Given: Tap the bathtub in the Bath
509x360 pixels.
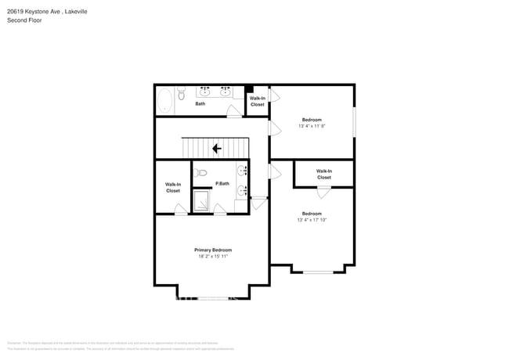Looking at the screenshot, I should click(x=165, y=99).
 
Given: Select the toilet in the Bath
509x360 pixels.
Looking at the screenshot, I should click(x=181, y=95).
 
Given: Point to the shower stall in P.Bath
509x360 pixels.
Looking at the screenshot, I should click(x=202, y=201).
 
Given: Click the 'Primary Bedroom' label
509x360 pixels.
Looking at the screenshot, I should click(x=213, y=250).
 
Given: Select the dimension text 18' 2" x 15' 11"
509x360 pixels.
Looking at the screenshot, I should click(x=213, y=257).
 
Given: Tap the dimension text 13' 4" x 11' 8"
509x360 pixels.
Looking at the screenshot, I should click(x=311, y=126).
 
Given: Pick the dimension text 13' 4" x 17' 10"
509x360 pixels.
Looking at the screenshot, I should click(x=312, y=220).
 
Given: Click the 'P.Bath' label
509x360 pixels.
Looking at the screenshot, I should click(x=222, y=183).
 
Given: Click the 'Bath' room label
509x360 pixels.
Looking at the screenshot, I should click(x=200, y=104).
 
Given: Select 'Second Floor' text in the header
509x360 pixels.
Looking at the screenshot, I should click(x=24, y=20).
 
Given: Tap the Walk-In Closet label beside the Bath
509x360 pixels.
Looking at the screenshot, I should click(x=257, y=101).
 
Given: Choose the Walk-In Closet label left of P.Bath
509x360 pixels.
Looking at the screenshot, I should click(x=172, y=187).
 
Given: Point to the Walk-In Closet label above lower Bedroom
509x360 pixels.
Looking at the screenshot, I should click(x=323, y=174).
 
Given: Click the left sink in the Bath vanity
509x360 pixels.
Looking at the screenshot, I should click(x=204, y=92).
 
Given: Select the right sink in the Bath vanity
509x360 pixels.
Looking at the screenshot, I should click(x=226, y=92).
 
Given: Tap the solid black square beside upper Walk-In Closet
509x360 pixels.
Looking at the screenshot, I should click(x=249, y=88).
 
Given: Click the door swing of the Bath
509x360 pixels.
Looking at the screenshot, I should click(x=233, y=113).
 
